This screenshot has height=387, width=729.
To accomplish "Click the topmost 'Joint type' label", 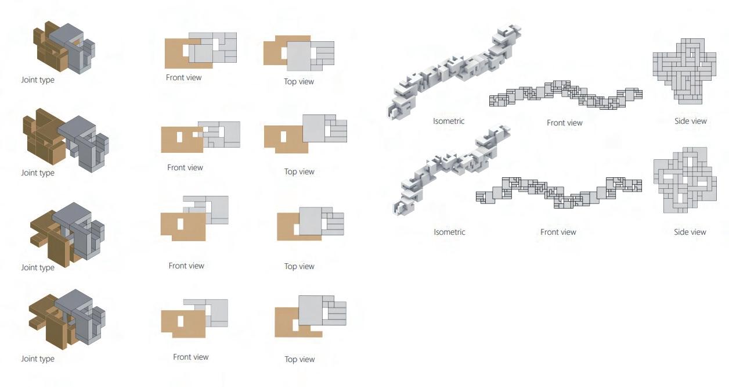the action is click(38, 80).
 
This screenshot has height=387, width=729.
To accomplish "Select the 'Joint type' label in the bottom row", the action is click(38, 359).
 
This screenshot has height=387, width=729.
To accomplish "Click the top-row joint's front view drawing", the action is click(201, 50).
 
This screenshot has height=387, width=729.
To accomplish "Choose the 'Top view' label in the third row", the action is click(299, 267).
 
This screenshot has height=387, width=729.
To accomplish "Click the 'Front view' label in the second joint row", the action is click(185, 168).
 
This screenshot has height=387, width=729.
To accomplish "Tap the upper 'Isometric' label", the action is click(449, 121).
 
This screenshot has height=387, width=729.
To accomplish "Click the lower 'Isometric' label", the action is click(449, 232).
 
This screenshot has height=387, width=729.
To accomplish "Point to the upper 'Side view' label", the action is click(690, 121).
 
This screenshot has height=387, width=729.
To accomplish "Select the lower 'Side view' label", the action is click(690, 232).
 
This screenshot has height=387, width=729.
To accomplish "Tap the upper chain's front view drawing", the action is click(566, 95).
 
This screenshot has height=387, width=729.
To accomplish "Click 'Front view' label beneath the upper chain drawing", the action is click(564, 123).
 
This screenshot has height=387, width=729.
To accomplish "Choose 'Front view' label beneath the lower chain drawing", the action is click(558, 232).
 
